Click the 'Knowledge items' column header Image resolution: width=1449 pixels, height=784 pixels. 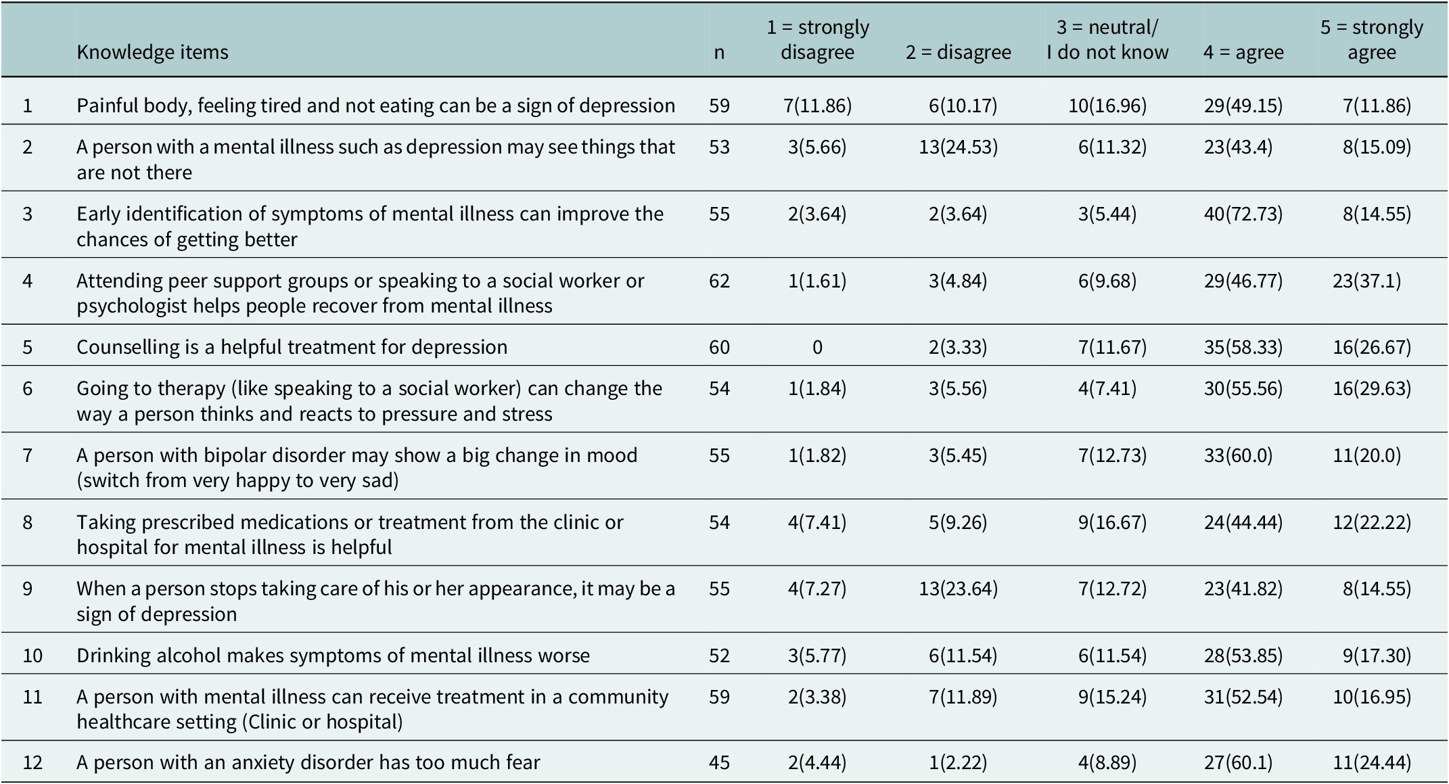click(152, 52)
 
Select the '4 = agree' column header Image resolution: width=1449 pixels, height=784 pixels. click(1243, 52)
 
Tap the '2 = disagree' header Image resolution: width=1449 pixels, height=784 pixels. click(959, 52)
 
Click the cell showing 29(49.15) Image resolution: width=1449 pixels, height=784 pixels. click(1243, 106)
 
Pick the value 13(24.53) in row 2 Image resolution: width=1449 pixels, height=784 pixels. click(959, 147)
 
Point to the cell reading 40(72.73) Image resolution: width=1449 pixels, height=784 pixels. click(1243, 214)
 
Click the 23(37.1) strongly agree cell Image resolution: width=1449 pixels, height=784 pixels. click(1367, 281)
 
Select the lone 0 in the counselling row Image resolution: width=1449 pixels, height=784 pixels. click(817, 347)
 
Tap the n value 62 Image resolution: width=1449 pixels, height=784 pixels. click(719, 281)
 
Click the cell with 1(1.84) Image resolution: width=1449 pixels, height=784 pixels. click(817, 388)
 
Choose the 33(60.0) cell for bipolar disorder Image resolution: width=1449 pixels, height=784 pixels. click(1239, 455)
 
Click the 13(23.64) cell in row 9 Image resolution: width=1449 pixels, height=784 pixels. click(959, 589)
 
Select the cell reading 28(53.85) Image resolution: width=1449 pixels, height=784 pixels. click(1243, 655)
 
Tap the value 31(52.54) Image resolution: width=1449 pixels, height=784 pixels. click(1243, 697)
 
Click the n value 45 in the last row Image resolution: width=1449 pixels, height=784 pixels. click(719, 763)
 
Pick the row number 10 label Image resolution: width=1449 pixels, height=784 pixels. click(32, 655)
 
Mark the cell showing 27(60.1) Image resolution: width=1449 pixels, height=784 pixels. click(1239, 763)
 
